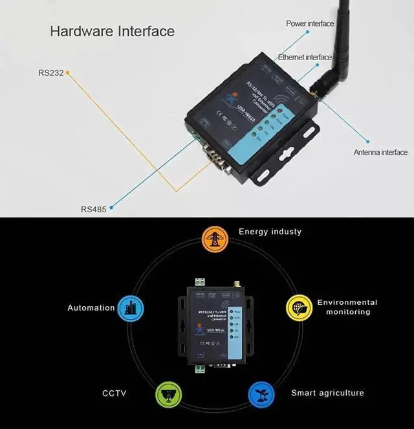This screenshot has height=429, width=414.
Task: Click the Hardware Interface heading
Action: pyautogui.click(x=112, y=30)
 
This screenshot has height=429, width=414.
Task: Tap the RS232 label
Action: pyautogui.click(x=51, y=73)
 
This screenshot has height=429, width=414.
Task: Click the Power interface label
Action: pyautogui.click(x=310, y=24)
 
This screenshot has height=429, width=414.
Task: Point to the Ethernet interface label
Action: pyautogui.click(x=305, y=58)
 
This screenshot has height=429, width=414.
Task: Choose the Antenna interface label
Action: pyautogui.click(x=380, y=153)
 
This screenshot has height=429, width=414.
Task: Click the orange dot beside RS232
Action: pyautogui.click(x=68, y=72)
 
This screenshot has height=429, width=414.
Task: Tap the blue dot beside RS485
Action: pyautogui.click(x=111, y=208)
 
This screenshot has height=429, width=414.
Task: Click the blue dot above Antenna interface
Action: pyautogui.click(x=368, y=140)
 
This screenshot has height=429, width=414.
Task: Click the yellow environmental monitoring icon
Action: pyautogui.click(x=298, y=307)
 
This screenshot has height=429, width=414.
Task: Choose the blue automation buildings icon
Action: pyautogui.click(x=131, y=307)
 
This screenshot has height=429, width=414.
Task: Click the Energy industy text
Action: pyautogui.click(x=270, y=232)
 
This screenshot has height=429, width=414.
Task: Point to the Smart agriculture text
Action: pyautogui.click(x=327, y=393)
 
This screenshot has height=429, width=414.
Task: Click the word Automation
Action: pyautogui.click(x=91, y=308)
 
